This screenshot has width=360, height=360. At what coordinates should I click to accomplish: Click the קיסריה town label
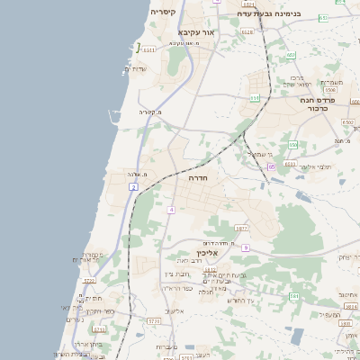(x=163, y=12)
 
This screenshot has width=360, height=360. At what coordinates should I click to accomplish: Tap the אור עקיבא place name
(x=197, y=31)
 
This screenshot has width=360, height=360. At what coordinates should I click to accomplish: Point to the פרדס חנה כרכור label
(x=323, y=103)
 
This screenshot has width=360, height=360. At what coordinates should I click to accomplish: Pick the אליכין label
(x=209, y=254)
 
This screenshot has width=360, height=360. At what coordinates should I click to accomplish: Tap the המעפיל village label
(x=329, y=314)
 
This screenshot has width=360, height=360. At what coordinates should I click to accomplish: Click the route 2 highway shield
(x=133, y=186)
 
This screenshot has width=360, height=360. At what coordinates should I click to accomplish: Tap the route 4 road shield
(x=170, y=210)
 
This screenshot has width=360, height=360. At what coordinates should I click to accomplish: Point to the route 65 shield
(x=271, y=166)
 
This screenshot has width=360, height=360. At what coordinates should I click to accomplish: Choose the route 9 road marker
(x=245, y=247)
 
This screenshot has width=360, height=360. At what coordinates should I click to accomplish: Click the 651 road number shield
(x=255, y=97)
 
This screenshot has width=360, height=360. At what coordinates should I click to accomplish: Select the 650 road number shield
(x=292, y=144)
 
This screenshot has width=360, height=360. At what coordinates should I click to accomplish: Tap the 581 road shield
(x=293, y=297)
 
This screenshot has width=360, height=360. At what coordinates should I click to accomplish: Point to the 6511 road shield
(x=148, y=49)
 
